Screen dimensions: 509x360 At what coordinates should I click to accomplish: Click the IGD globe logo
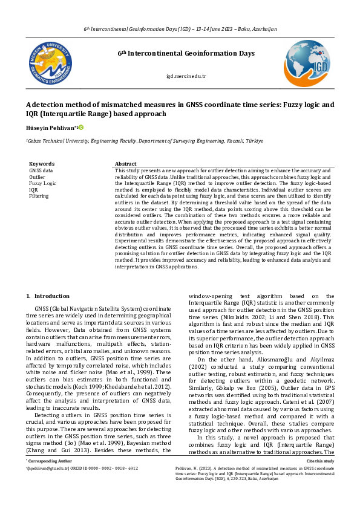307,62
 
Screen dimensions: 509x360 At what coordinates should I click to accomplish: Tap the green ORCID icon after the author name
80,127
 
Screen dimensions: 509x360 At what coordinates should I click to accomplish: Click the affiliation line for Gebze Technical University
144,140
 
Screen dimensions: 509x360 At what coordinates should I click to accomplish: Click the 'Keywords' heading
42,164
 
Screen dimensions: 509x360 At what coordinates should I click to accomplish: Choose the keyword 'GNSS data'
41,170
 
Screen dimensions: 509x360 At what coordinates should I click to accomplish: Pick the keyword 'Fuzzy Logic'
42,183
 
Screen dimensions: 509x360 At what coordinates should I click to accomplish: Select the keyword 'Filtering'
39,196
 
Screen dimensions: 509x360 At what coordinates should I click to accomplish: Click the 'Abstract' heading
125,164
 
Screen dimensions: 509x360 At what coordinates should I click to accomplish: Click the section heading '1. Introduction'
48,296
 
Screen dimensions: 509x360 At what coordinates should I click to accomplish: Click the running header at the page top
180,29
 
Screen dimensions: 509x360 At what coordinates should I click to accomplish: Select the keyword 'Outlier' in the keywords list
37,177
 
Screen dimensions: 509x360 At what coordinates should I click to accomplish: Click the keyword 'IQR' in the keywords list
33,189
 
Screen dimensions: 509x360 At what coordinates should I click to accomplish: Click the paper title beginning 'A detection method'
180,109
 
